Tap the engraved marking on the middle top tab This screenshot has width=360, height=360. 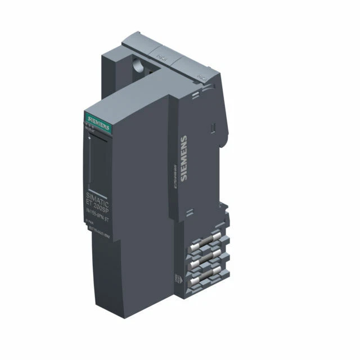coord(163,56)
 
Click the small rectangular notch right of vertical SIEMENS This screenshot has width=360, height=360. coord(213,131)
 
